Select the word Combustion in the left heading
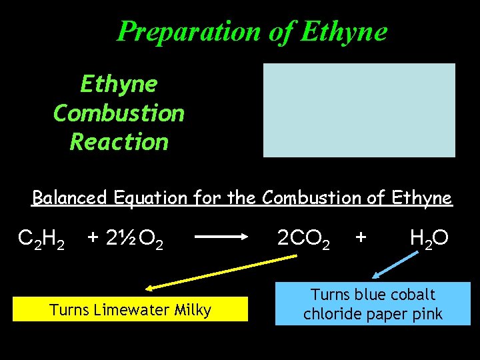click(119, 113)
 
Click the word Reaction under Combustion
click(119, 141)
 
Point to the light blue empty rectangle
click(359, 110)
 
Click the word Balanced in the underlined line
click(71, 198)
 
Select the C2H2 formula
click(41, 238)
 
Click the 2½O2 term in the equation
click(133, 238)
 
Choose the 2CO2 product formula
click(303, 238)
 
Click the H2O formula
click(429, 238)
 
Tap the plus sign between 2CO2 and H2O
click(361, 237)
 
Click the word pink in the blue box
click(427, 314)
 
